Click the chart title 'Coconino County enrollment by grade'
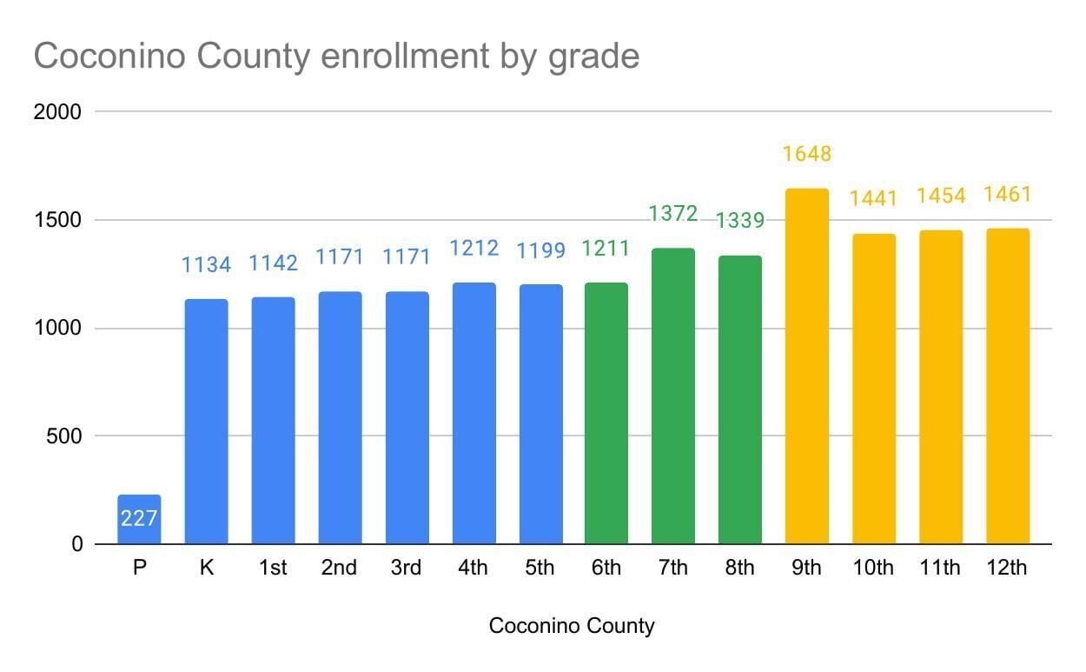coord(336,57)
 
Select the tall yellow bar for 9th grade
coord(807,366)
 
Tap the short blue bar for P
coord(139,519)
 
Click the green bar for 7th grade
coord(673,396)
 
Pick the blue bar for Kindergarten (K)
coord(206,422)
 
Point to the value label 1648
coord(807,154)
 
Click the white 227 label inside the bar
coord(139,519)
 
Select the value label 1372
coord(673,212)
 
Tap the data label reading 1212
coord(473,249)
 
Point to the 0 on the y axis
coord(76,544)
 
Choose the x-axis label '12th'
coord(1008,569)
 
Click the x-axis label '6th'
coord(606,569)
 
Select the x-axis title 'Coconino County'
coord(572,626)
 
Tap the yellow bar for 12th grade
coord(1008,386)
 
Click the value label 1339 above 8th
coord(740,221)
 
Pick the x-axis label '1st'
coord(273,569)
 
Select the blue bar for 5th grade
coord(540,414)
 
